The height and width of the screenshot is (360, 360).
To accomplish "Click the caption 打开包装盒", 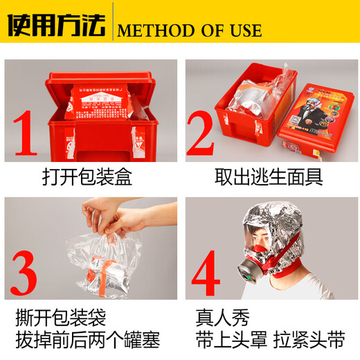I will pyautogui.click(x=87, y=178).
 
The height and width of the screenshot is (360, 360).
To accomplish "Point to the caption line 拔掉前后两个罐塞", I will pyautogui.click(x=87, y=341).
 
